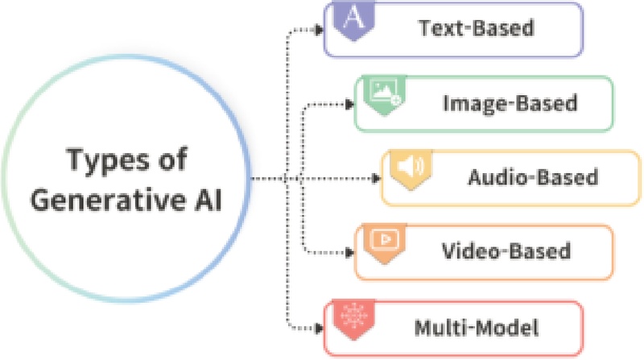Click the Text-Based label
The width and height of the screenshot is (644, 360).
tap(476, 28)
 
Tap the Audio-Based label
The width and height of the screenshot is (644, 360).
tap(533, 176)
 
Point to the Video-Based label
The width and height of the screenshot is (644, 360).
tap(506, 250)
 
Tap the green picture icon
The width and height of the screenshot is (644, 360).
tap(382, 92)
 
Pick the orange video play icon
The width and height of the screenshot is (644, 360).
tap(382, 239)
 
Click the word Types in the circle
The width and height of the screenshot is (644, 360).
tap(106, 160)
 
